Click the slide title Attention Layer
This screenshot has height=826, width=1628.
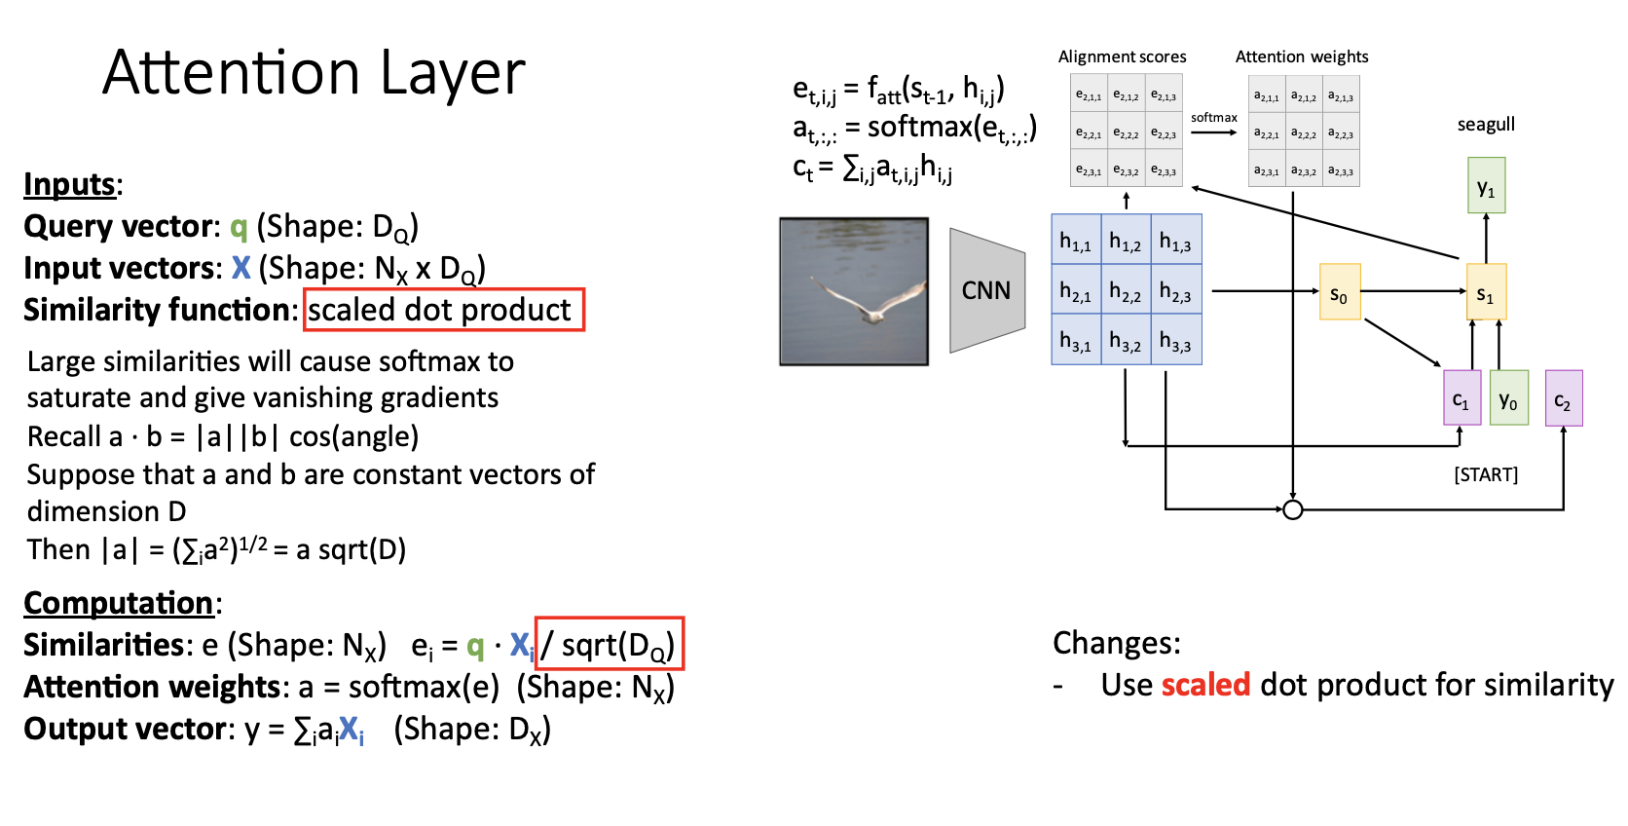pyautogui.click(x=314, y=73)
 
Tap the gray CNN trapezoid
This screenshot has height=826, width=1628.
pyautogui.click(x=987, y=290)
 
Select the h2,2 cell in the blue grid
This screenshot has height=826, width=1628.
pyautogui.click(x=1126, y=290)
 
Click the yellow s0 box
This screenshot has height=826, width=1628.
pyautogui.click(x=1340, y=291)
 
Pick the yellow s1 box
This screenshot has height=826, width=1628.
pyautogui.click(x=1486, y=291)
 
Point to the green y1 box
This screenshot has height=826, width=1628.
pyautogui.click(x=1486, y=185)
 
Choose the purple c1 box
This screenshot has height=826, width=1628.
pyautogui.click(x=1461, y=397)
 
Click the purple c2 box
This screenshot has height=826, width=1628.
pyautogui.click(x=1564, y=397)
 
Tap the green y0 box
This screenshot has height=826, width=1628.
pyautogui.click(x=1509, y=397)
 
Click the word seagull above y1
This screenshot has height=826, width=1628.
pyautogui.click(x=1486, y=125)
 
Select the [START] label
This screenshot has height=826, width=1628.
pyautogui.click(x=1486, y=474)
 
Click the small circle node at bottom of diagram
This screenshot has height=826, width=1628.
pyautogui.click(x=1292, y=509)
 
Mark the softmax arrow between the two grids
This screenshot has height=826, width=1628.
pyautogui.click(x=1214, y=132)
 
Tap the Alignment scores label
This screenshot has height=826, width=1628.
pyautogui.click(x=1122, y=56)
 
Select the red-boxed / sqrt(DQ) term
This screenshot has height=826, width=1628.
pyautogui.click(x=610, y=644)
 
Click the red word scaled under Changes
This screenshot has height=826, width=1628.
pyautogui.click(x=1205, y=685)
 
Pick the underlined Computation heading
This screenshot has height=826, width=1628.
pyautogui.click(x=119, y=604)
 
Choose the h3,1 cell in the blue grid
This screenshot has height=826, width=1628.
pyautogui.click(x=1076, y=340)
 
